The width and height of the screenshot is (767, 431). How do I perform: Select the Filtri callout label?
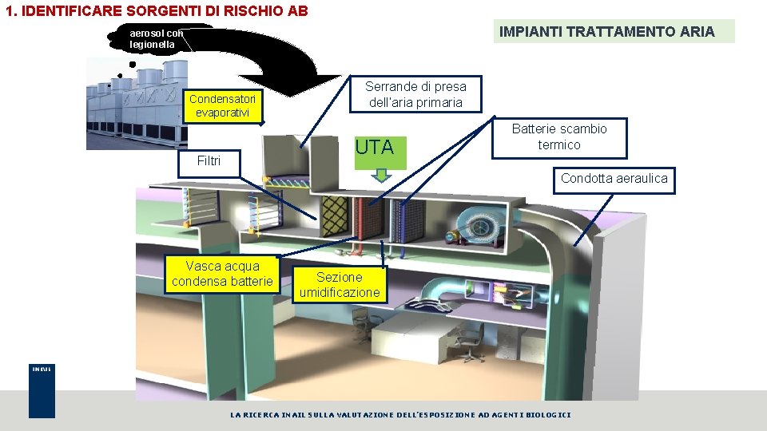tap(209, 161)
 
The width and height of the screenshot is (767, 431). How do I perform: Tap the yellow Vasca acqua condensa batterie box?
tap(222, 274)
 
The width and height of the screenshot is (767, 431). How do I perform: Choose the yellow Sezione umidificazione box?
tap(340, 285)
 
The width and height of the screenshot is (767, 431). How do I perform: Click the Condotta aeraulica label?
tap(614, 179)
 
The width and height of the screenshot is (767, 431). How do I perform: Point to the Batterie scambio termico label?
tap(559, 137)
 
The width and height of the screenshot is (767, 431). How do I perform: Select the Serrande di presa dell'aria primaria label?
tap(415, 94)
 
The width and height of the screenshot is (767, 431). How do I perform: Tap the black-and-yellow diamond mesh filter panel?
tap(333, 214)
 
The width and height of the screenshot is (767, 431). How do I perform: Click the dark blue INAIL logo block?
tap(42, 392)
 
